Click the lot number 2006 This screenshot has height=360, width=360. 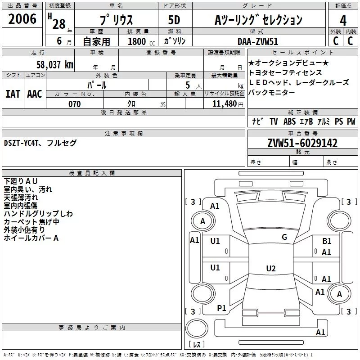(x=22, y=19)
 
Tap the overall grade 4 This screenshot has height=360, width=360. (x=343, y=21)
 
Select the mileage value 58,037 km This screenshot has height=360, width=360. (x=55, y=65)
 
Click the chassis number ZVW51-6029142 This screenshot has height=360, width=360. (x=302, y=143)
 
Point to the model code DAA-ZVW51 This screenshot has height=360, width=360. (x=258, y=41)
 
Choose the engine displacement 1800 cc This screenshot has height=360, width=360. (x=141, y=41)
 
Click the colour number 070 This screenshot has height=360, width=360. (x=75, y=104)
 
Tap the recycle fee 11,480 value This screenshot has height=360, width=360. (x=225, y=104)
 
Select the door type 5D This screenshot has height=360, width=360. (x=174, y=20)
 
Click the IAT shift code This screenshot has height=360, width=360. (x=13, y=94)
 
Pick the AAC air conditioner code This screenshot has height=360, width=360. (x=35, y=94)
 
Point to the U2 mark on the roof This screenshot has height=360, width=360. (x=271, y=268)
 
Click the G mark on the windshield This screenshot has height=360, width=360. (x=284, y=237)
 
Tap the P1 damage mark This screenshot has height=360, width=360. (x=221, y=308)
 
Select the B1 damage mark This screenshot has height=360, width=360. (x=327, y=241)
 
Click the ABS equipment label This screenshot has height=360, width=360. (x=289, y=121)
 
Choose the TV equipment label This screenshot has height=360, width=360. (x=274, y=121)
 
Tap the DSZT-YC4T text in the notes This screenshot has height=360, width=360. (x=21, y=143)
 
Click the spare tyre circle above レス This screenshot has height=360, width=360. (x=197, y=328)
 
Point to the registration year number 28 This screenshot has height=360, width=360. (x=59, y=24)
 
